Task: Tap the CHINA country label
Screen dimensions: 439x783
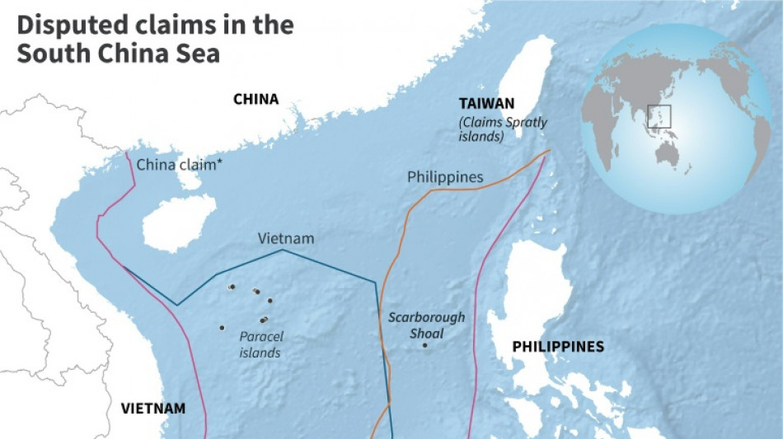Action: tap(256, 100)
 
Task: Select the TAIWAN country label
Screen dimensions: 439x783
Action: tap(487, 103)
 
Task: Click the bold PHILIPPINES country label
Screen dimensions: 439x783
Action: tap(558, 347)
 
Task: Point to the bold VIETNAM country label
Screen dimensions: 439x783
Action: tap(152, 408)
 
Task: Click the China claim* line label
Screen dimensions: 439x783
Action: tap(179, 164)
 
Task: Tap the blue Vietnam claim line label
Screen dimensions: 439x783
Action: tap(286, 238)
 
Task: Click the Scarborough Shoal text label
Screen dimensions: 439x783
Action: tap(426, 325)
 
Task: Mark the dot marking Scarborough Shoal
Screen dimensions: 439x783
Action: tap(424, 345)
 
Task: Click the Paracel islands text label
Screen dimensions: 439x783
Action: tap(260, 344)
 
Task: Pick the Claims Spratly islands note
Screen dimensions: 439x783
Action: tap(504, 130)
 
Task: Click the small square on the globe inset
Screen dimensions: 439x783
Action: tap(659, 116)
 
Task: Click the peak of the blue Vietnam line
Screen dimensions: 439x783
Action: tap(283, 250)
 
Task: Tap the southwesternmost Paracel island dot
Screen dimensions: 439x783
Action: tap(222, 328)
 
